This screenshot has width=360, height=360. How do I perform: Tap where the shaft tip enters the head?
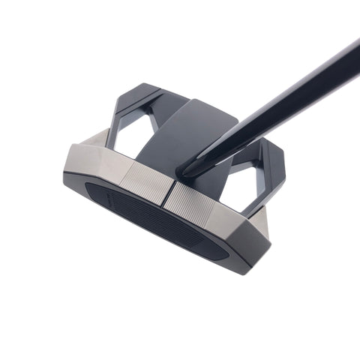[189, 169]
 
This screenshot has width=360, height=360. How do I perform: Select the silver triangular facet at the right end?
[259, 222]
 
